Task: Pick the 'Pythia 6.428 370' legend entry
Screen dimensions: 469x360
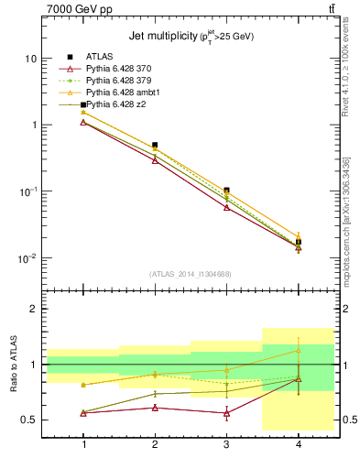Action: [122, 69]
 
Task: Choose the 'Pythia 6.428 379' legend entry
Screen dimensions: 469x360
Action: [122, 81]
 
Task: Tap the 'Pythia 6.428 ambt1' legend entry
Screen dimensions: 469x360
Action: [125, 93]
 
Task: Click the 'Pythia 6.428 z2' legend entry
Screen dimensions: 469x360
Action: [118, 105]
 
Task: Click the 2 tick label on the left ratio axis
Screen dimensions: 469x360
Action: [33, 309]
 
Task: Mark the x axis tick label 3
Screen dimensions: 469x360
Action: [226, 444]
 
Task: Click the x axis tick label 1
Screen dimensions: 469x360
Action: [83, 444]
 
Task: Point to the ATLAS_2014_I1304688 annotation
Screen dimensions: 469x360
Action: [191, 274]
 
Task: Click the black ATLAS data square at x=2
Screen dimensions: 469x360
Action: [155, 145]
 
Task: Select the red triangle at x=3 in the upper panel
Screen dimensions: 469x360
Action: [226, 208]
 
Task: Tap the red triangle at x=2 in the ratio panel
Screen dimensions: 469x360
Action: [155, 408]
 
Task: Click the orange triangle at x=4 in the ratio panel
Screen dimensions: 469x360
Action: [298, 351]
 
